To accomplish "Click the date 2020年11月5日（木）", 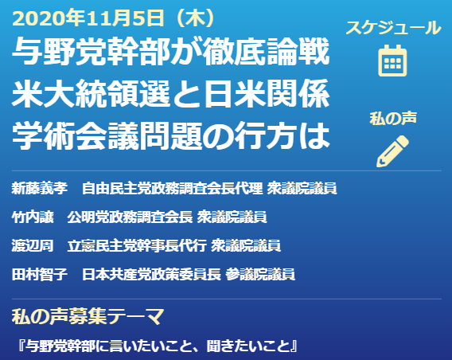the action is [114, 18].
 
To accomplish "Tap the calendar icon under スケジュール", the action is [392, 61].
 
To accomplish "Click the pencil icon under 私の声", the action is [392, 151].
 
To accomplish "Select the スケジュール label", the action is [393, 28].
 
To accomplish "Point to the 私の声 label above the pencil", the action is [393, 118].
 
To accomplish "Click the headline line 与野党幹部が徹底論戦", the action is [170, 52].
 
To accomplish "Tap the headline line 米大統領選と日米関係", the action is [170, 93].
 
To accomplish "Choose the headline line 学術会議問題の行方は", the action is [170, 135].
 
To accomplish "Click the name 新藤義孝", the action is [40, 189].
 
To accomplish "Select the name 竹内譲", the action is [33, 217].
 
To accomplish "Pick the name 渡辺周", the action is [33, 245].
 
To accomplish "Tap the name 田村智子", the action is [40, 274].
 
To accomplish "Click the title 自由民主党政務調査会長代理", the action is [173, 189].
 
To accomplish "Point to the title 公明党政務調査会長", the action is [130, 217].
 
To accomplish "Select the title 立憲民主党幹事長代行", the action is [137, 245].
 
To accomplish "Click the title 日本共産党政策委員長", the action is [151, 274].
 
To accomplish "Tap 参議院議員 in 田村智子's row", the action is [260, 274].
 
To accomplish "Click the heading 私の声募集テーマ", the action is [88, 316].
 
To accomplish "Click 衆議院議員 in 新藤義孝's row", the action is [302, 189].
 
